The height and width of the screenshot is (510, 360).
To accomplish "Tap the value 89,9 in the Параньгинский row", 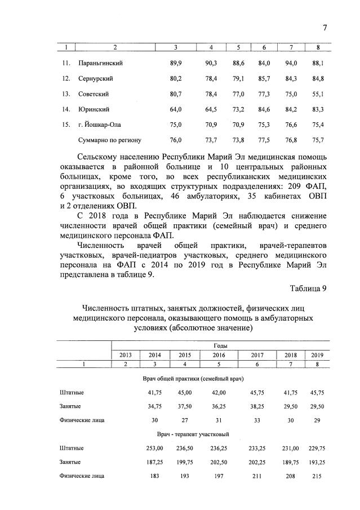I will [175, 64].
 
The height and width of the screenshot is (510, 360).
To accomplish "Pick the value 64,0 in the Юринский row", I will [175, 109].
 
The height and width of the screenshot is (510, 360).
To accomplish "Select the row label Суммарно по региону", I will [108, 140].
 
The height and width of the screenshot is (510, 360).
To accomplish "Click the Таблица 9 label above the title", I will [308, 289].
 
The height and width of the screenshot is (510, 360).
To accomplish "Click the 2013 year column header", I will [125, 354].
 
